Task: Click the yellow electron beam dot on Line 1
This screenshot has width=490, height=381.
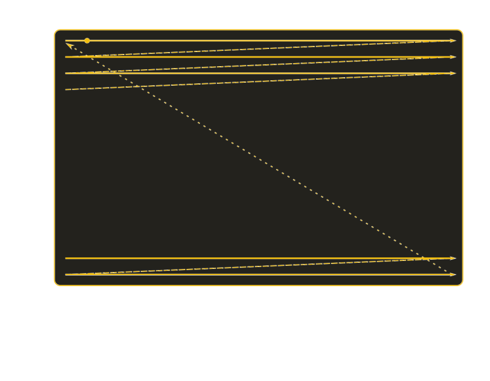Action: (87, 40)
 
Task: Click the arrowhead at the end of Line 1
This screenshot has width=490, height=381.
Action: (453, 41)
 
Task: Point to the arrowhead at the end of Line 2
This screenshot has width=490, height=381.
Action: (453, 57)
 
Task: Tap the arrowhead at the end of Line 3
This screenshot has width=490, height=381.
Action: (453, 74)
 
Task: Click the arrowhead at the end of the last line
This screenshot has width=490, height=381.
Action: (453, 275)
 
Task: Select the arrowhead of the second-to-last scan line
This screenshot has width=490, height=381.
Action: (453, 258)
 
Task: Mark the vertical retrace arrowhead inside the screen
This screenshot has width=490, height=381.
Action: (69, 44)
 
